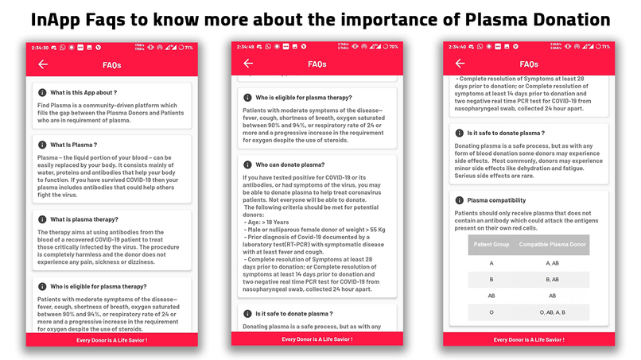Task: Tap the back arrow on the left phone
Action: pyautogui.click(x=43, y=64)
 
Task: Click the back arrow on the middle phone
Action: pyautogui.click(x=248, y=64)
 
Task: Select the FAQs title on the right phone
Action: pyautogui.click(x=529, y=64)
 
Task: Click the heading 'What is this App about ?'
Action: pyautogui.click(x=84, y=93)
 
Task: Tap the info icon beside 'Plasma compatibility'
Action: pyautogui.click(x=459, y=200)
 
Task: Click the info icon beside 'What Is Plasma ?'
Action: pyautogui.click(x=42, y=145)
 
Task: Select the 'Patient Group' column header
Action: pyautogui.click(x=491, y=244)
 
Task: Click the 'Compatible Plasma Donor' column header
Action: pyautogui.click(x=553, y=244)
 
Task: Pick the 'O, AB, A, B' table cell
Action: pyautogui.click(x=553, y=312)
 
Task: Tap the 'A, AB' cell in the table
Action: pyautogui.click(x=553, y=262)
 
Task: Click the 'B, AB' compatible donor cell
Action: pyautogui.click(x=553, y=279)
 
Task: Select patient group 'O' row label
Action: pyautogui.click(x=491, y=312)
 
